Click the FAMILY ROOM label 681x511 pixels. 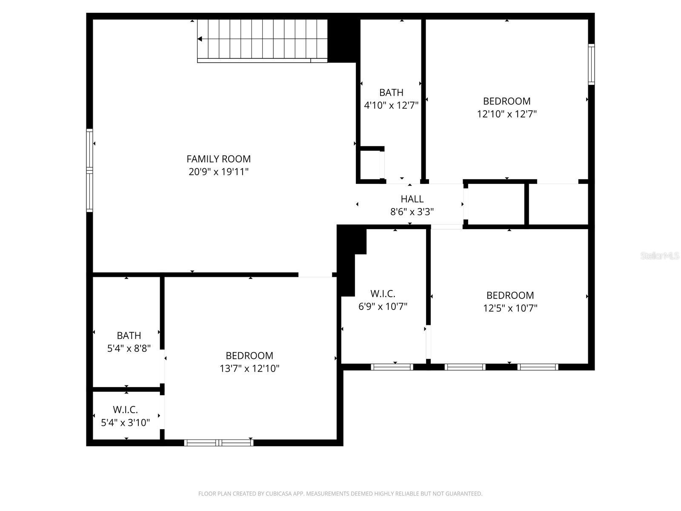tap(218, 159)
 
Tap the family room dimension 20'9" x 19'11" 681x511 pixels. tap(218, 172)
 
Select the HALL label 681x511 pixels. tap(412, 199)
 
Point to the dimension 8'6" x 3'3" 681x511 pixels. tap(412, 212)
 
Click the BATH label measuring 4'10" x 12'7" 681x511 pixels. tap(391, 92)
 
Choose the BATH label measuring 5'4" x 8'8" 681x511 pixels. tap(129, 336)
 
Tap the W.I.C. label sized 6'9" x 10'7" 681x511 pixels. tap(383, 293)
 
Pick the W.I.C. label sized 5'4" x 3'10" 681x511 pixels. tap(126, 410)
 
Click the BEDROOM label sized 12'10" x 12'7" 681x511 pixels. tap(506, 101)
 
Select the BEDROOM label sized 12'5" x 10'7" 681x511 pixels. tap(510, 295)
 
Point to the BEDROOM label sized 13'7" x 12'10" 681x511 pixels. tap(249, 356)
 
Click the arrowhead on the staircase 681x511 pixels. tap(200, 39)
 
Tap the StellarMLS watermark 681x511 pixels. tap(660, 256)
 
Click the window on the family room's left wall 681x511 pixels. tap(89, 170)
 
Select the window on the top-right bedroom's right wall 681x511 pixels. tap(591, 64)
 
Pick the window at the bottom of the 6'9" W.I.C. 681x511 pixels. tap(392, 367)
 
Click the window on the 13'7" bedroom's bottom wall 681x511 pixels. tap(219, 443)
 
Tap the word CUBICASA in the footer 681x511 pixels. tap(278, 494)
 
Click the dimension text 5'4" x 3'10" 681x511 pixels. tap(126, 423)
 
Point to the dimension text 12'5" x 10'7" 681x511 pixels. tap(510, 308)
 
